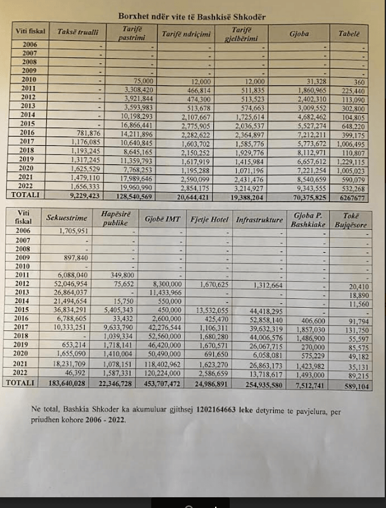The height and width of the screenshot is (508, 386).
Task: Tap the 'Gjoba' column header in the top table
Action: (299, 32)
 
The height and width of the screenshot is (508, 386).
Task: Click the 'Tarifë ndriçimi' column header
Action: (186, 33)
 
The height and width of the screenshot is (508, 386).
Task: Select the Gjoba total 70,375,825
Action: (306, 196)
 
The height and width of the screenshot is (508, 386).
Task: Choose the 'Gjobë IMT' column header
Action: (162, 219)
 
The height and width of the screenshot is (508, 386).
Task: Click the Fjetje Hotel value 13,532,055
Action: (211, 310)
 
